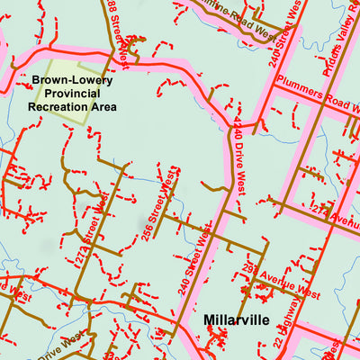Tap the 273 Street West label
[86, 242]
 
